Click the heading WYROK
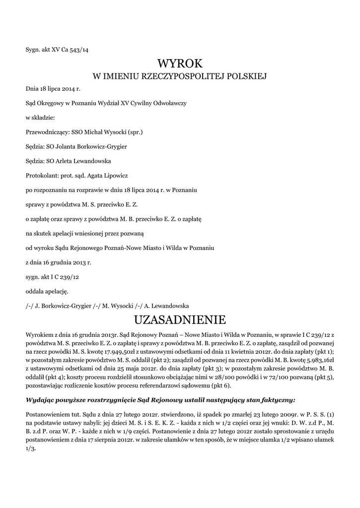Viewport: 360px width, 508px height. tap(180, 63)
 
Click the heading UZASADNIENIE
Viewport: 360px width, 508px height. tap(180, 318)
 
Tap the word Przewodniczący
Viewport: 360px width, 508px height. tap(48, 132)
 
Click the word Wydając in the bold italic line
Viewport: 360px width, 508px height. tap(40, 399)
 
